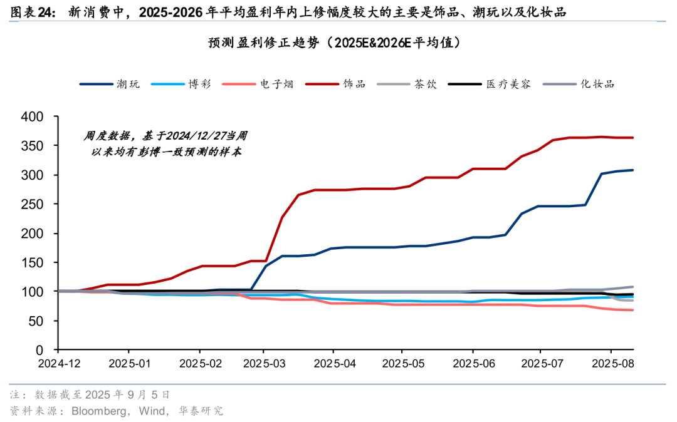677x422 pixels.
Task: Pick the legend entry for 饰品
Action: pos(354,83)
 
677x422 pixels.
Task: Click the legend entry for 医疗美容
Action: pos(508,83)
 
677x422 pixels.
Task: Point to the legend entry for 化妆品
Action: pos(597,83)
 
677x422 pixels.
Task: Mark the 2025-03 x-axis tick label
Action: pos(263,364)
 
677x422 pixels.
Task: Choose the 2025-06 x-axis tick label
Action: pos(471,364)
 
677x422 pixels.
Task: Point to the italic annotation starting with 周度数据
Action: pos(166,143)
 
